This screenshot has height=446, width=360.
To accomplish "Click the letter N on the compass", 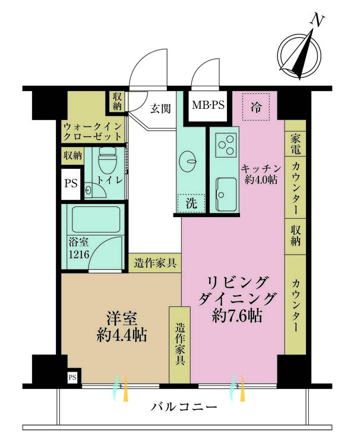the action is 317,21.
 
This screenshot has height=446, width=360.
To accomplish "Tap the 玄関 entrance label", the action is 160,108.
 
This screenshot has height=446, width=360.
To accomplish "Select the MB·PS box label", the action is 208,105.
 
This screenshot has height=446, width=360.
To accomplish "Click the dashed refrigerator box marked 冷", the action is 256,107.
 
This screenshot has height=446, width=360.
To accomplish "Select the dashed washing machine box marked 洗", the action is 191,203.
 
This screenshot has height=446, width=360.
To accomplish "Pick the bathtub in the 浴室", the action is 96,219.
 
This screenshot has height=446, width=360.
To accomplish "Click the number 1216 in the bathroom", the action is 79,254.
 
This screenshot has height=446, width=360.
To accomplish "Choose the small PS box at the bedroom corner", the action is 72,377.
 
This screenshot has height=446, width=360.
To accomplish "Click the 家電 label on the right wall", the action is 295,143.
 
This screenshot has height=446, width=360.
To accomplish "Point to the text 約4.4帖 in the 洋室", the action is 122,335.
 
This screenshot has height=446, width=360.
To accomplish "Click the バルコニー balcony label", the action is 184,407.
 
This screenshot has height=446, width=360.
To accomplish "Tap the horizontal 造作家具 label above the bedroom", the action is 155,263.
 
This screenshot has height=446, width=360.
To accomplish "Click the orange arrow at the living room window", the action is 242,387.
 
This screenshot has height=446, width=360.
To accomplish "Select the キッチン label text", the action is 261,169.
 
